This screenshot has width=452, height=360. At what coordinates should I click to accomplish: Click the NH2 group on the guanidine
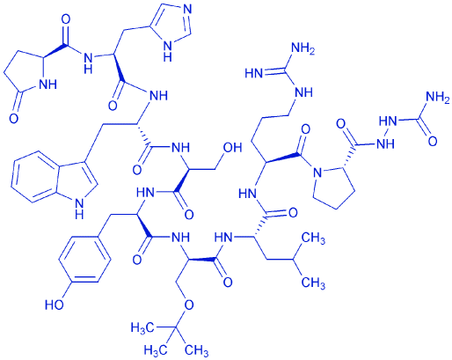coord(303,49)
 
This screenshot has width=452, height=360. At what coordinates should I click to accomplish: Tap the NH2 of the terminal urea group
coord(437,98)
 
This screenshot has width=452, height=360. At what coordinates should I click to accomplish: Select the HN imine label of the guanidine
coord(254,74)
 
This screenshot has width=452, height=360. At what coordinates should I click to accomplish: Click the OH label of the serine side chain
coord(232,148)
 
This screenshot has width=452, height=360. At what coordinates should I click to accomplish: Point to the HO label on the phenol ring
coord(55,305)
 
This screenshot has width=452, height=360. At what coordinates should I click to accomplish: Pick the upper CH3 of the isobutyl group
coord(313,239)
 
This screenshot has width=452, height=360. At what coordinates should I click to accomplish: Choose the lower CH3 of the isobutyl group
coord(313,283)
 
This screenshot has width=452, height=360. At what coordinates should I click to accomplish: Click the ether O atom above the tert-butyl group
coord(189,305)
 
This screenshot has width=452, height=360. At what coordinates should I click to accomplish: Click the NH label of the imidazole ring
coord(167,50)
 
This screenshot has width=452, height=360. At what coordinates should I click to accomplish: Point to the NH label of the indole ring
coord(79,208)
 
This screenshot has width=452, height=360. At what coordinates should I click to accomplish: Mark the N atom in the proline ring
coord(317,173)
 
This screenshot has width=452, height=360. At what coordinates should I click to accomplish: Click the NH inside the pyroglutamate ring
coord(47,85)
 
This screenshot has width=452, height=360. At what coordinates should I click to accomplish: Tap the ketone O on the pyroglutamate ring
coord(13,119)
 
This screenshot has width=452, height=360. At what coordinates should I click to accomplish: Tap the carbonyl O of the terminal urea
coord(433,141)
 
